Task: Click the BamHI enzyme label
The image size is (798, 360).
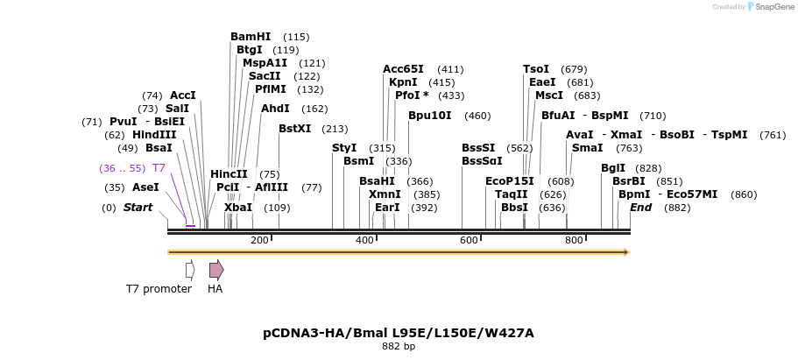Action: click(x=251, y=37)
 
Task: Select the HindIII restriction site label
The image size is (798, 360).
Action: click(x=154, y=135)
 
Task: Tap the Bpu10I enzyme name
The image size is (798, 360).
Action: click(x=430, y=116)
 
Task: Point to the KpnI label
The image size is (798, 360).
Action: click(x=403, y=82)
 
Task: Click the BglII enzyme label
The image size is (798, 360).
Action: click(x=613, y=168)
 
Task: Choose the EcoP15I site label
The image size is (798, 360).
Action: click(x=509, y=181)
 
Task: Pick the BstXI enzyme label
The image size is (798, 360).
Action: click(x=294, y=129)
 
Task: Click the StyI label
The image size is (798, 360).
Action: click(x=344, y=148)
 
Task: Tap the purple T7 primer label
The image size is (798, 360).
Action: click(x=159, y=167)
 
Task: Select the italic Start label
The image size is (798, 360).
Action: click(x=138, y=208)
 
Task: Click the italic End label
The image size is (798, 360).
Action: click(x=640, y=208)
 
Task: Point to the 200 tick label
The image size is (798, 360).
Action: click(x=260, y=241)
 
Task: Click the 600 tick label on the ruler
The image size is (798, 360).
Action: click(x=469, y=241)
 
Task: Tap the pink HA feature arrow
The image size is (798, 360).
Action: click(x=216, y=270)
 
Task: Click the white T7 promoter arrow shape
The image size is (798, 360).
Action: click(x=189, y=270)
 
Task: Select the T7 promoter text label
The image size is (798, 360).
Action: click(x=159, y=289)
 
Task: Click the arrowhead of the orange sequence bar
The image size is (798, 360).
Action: click(x=625, y=252)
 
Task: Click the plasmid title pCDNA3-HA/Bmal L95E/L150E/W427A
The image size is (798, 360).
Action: click(x=399, y=333)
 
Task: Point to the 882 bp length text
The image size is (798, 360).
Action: click(x=399, y=347)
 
